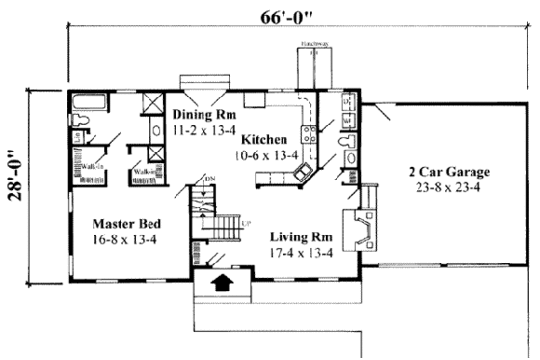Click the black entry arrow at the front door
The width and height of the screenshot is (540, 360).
tap(222, 284)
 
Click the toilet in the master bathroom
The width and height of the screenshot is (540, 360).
tap(84, 121)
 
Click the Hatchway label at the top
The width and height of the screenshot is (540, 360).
tap(312, 44)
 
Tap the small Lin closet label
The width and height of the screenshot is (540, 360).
tap(78, 136)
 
